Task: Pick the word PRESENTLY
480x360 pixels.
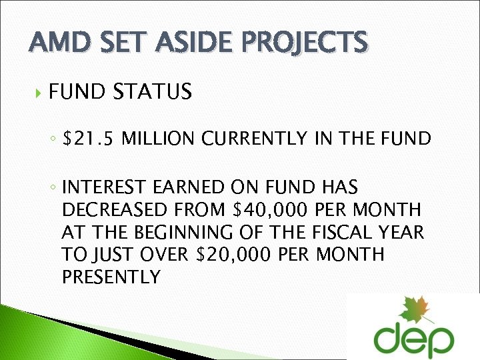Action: click(x=111, y=277)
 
